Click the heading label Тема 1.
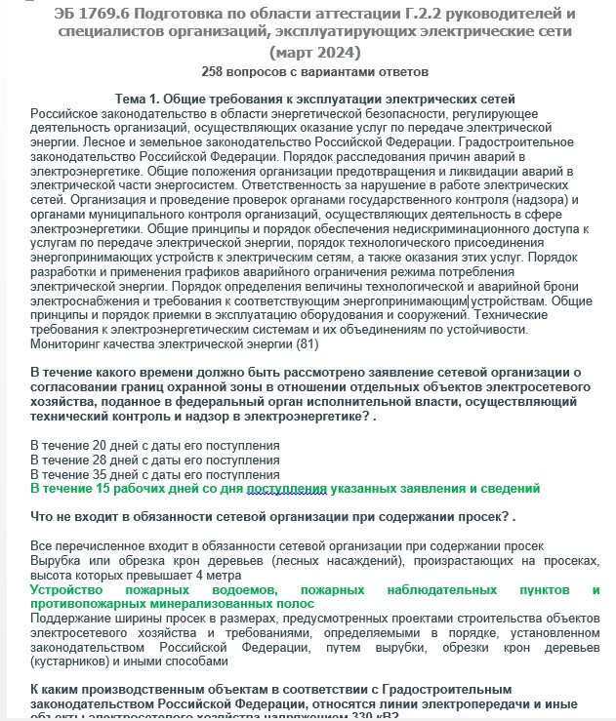(143, 100)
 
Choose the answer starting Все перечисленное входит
(287, 545)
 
